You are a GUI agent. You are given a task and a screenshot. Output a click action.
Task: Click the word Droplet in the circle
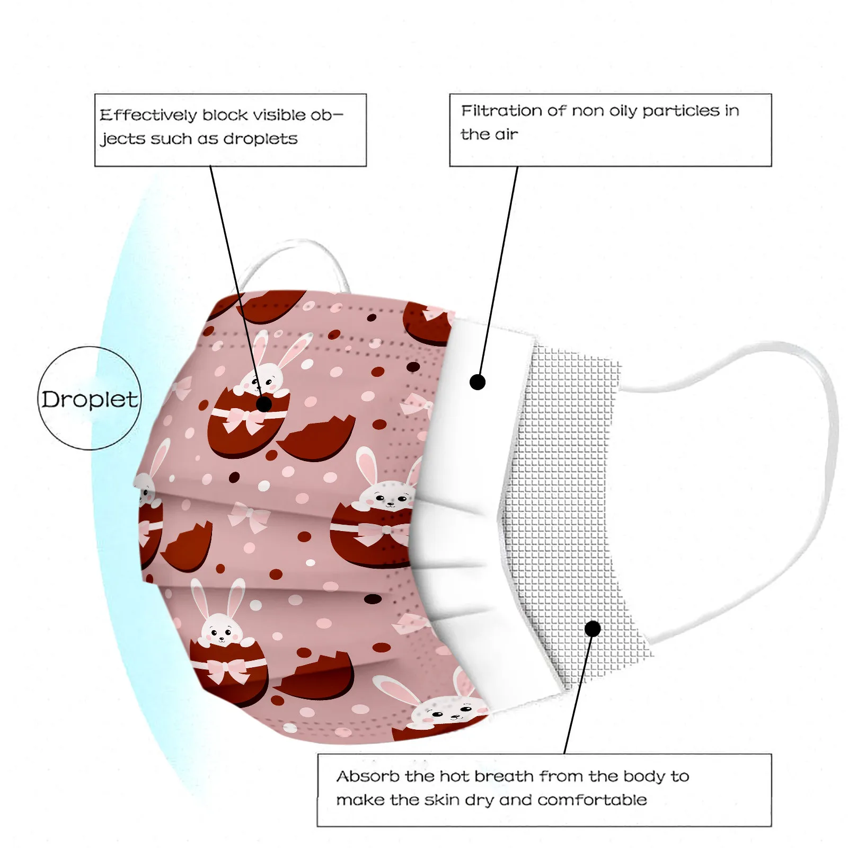pos(90,400)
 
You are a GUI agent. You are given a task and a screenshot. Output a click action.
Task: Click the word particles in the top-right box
pos(681,111)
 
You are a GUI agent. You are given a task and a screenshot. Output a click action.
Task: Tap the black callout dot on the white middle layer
pos(478,382)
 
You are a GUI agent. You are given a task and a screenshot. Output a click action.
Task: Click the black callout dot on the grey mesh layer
pos(593,629)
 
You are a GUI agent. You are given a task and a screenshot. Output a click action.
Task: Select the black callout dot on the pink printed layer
pos(264,404)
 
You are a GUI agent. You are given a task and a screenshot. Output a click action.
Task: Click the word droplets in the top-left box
pos(260,139)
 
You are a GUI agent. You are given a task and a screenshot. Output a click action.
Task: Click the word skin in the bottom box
pos(443,800)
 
